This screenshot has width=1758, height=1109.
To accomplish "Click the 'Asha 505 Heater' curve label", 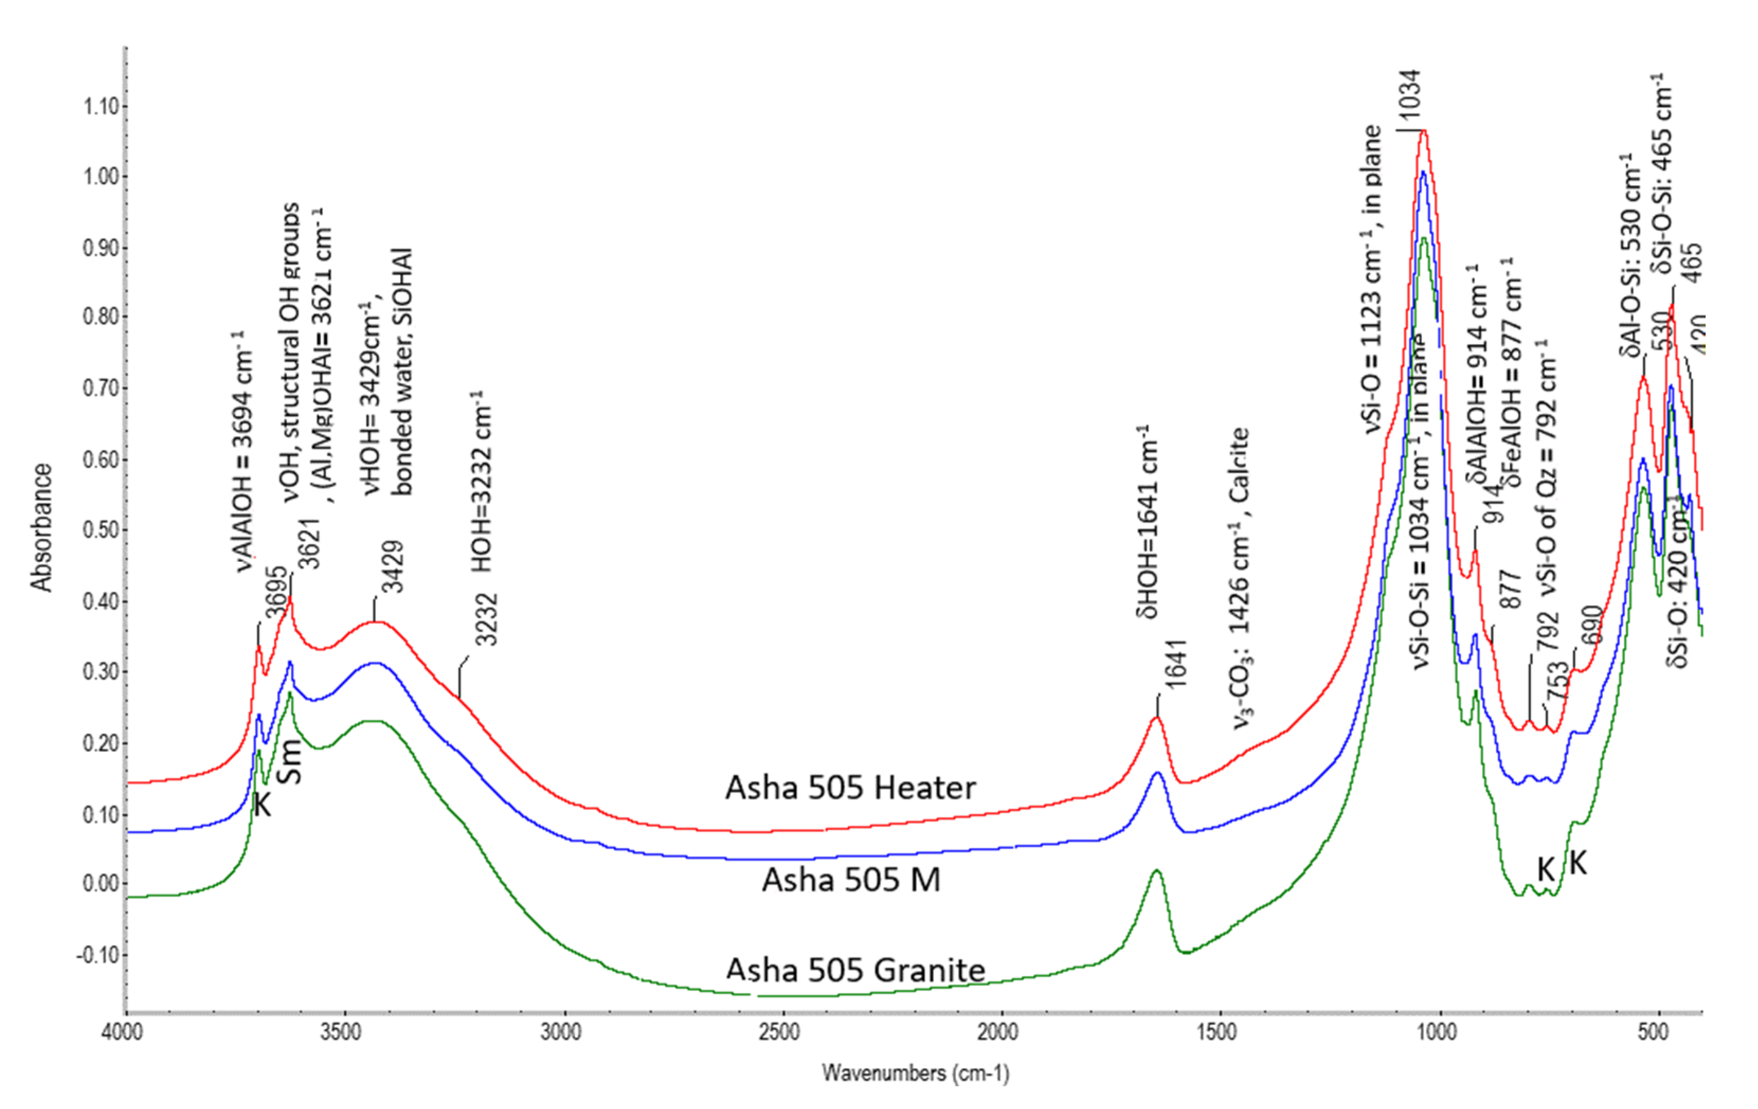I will [850, 788].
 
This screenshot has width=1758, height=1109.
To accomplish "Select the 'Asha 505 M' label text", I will [851, 880].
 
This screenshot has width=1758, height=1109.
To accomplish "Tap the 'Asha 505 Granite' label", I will [856, 970].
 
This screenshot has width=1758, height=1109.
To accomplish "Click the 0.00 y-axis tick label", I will [101, 884].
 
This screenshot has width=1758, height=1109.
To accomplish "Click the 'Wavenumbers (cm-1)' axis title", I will [916, 1072].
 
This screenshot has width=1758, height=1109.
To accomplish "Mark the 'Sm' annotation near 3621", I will [291, 761].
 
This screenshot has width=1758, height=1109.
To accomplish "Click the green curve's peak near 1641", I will [1156, 870].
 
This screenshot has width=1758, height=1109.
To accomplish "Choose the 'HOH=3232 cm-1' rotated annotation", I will [481, 482].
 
